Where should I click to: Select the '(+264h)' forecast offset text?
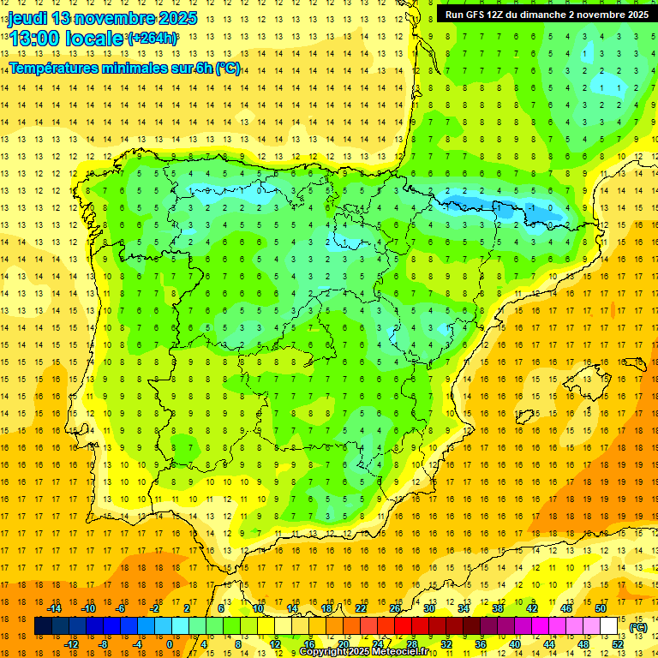click(153, 38)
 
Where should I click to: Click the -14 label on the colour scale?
click(54, 608)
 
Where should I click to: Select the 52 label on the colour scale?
click(617, 644)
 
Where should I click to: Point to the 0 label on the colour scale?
click(169, 644)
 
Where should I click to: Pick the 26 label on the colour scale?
click(394, 608)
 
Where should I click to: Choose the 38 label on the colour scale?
click(497, 608)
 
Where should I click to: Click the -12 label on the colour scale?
click(71, 644)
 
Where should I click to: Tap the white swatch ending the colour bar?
click(609, 626)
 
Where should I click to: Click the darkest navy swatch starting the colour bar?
click(42, 626)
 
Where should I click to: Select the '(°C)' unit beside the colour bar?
click(638, 627)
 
